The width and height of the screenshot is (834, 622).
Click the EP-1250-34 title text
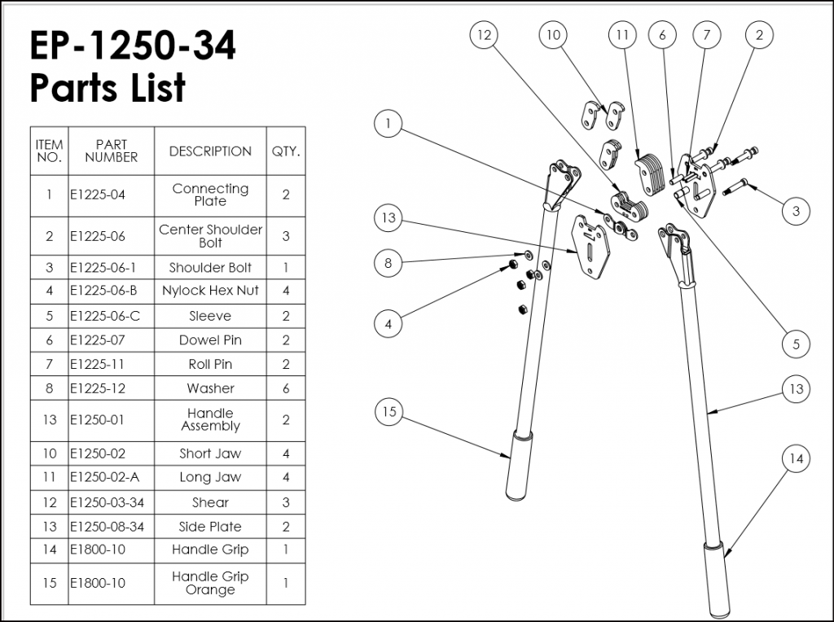click(x=133, y=46)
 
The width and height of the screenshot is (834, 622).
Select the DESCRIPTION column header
click(x=210, y=151)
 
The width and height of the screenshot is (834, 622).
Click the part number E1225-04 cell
click(x=97, y=195)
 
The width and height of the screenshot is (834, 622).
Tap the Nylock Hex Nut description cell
click(x=210, y=291)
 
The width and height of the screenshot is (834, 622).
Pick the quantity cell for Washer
click(x=285, y=388)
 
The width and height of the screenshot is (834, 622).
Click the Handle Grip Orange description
click(x=210, y=583)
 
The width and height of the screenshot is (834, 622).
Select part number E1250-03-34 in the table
click(x=107, y=502)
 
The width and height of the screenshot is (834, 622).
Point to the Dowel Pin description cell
click(x=210, y=340)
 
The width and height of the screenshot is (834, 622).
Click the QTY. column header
click(x=285, y=151)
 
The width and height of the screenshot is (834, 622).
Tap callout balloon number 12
click(x=484, y=35)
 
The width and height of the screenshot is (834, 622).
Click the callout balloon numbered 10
click(x=553, y=35)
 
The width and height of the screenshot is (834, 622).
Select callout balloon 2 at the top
click(x=759, y=35)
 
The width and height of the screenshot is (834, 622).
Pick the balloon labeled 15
click(x=389, y=413)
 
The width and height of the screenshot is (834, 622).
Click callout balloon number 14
click(x=796, y=459)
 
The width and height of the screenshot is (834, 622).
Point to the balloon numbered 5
click(x=796, y=344)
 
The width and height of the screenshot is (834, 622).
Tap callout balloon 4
click(x=388, y=323)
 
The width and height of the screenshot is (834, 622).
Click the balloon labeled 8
click(x=388, y=263)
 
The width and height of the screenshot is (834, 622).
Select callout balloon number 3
click(x=796, y=211)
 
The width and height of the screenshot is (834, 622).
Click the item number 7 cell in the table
click(x=49, y=365)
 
